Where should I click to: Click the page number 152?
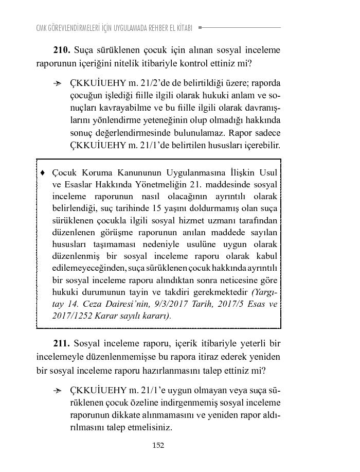click(x=158, y=446)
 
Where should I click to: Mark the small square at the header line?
click(x=200, y=27)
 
